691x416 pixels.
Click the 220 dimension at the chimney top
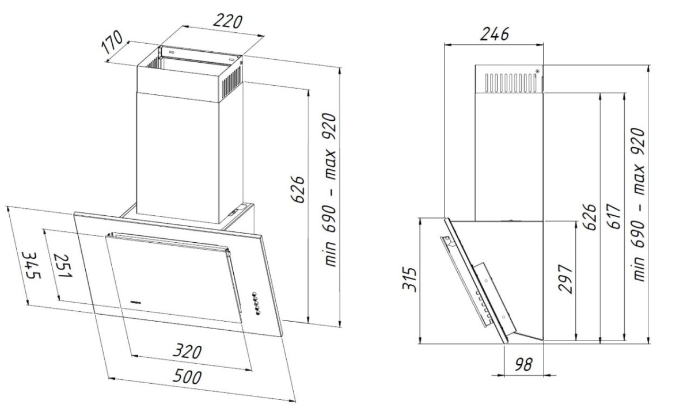(x=227, y=21)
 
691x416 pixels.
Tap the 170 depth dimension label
(x=112, y=42)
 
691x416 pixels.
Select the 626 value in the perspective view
(x=298, y=189)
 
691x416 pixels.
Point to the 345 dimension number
(x=32, y=265)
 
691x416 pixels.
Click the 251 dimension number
(x=63, y=265)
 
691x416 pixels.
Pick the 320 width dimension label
(x=187, y=352)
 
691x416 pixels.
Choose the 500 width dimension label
(x=187, y=376)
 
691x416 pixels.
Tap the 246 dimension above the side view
(x=494, y=34)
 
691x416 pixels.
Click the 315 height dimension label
(x=409, y=279)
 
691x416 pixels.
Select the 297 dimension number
(x=565, y=279)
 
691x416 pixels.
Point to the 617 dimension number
(x=614, y=216)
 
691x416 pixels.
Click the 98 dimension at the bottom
(x=523, y=365)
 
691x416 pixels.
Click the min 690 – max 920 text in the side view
(x=639, y=204)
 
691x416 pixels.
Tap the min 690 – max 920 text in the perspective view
(x=329, y=189)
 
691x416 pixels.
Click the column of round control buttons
(x=256, y=304)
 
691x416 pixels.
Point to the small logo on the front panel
(x=135, y=302)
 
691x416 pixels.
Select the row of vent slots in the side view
(x=511, y=83)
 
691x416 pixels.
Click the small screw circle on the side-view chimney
(x=537, y=71)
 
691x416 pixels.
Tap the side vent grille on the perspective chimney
(x=231, y=82)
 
